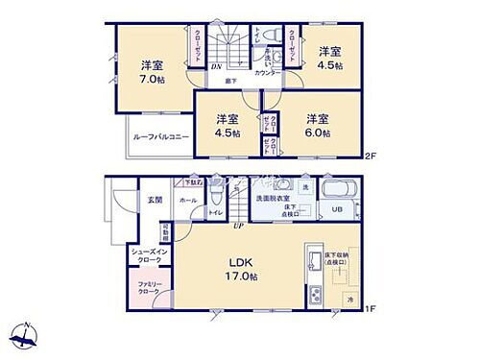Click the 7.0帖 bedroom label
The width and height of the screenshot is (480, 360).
tap(150, 73)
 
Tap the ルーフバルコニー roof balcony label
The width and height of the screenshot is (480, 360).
tap(158, 137)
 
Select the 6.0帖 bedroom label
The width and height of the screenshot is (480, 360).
tap(318, 124)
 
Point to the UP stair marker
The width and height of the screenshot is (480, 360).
tap(236, 226)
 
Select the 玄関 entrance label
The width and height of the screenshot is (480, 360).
tap(156, 199)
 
